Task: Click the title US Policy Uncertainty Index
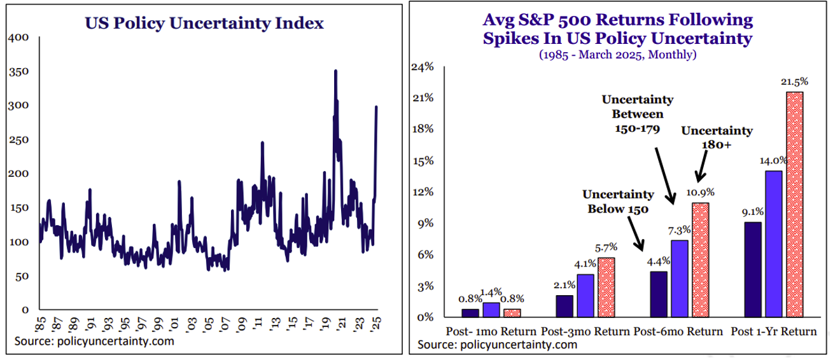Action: coord(205,24)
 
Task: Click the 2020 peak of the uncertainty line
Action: coord(335,71)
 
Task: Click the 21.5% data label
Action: coord(795,81)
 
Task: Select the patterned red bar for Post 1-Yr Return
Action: coord(795,204)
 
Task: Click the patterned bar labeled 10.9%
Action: coord(700,260)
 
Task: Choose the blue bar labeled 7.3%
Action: coord(680,279)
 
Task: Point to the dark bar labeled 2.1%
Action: coord(564,306)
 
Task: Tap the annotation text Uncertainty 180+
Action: coord(717,137)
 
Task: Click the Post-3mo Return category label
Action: coord(586,331)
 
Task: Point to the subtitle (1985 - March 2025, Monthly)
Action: coord(617,55)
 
